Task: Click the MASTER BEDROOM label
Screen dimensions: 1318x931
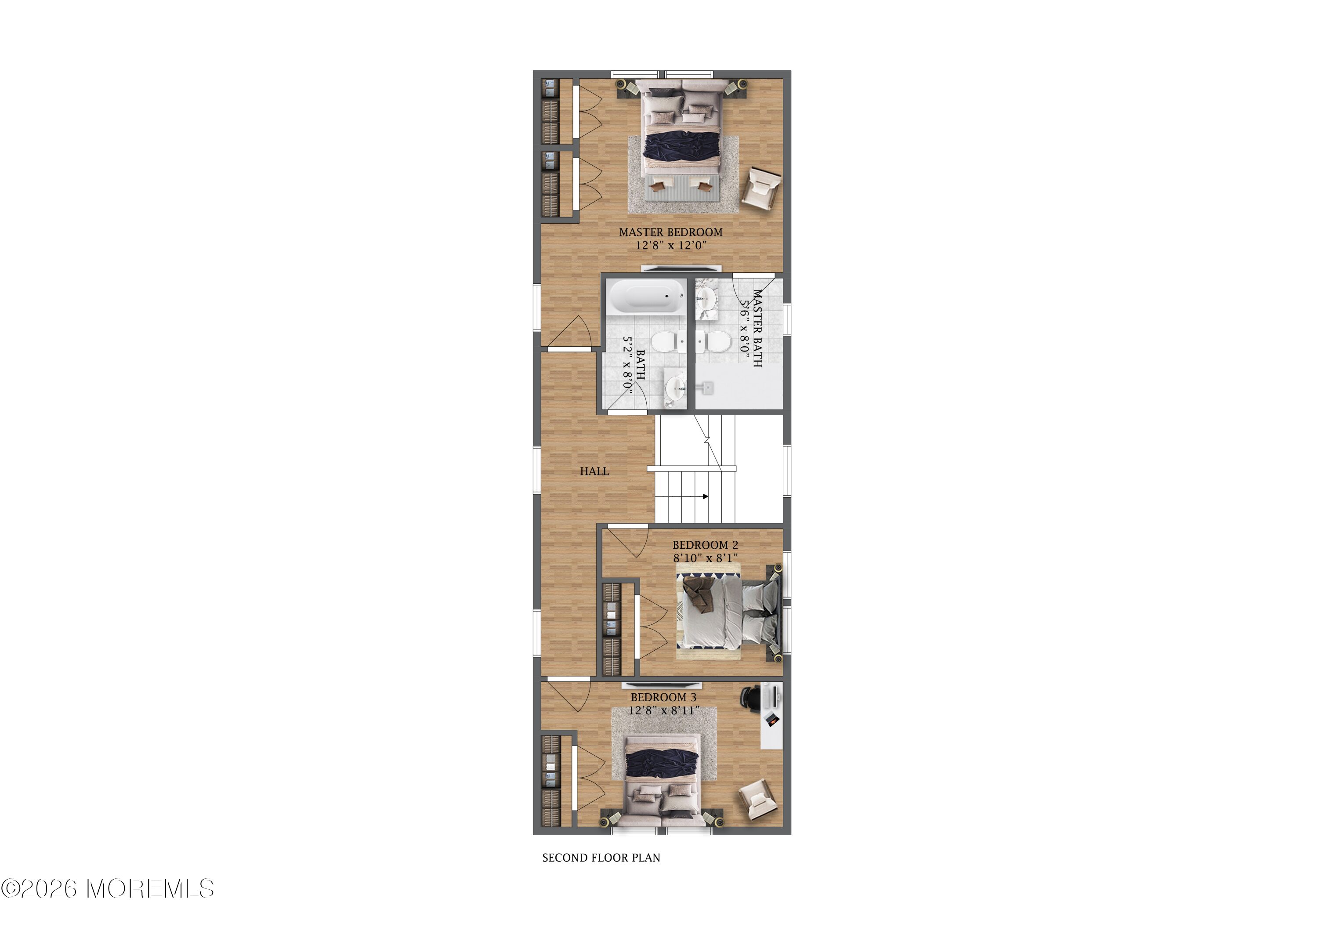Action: pyautogui.click(x=670, y=232)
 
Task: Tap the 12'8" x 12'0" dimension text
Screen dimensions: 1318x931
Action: pyautogui.click(x=670, y=246)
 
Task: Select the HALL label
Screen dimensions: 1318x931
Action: pyautogui.click(x=594, y=471)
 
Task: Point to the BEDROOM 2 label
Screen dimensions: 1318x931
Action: pyautogui.click(x=706, y=545)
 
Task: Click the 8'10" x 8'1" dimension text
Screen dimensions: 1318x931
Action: pyautogui.click(x=706, y=558)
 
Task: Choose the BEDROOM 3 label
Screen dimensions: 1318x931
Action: pyautogui.click(x=663, y=697)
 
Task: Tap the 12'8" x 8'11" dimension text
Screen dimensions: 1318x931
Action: pyautogui.click(x=663, y=710)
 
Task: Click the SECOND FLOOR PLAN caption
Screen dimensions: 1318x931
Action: pyautogui.click(x=601, y=858)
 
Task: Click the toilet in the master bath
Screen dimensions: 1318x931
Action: pyautogui.click(x=713, y=343)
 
